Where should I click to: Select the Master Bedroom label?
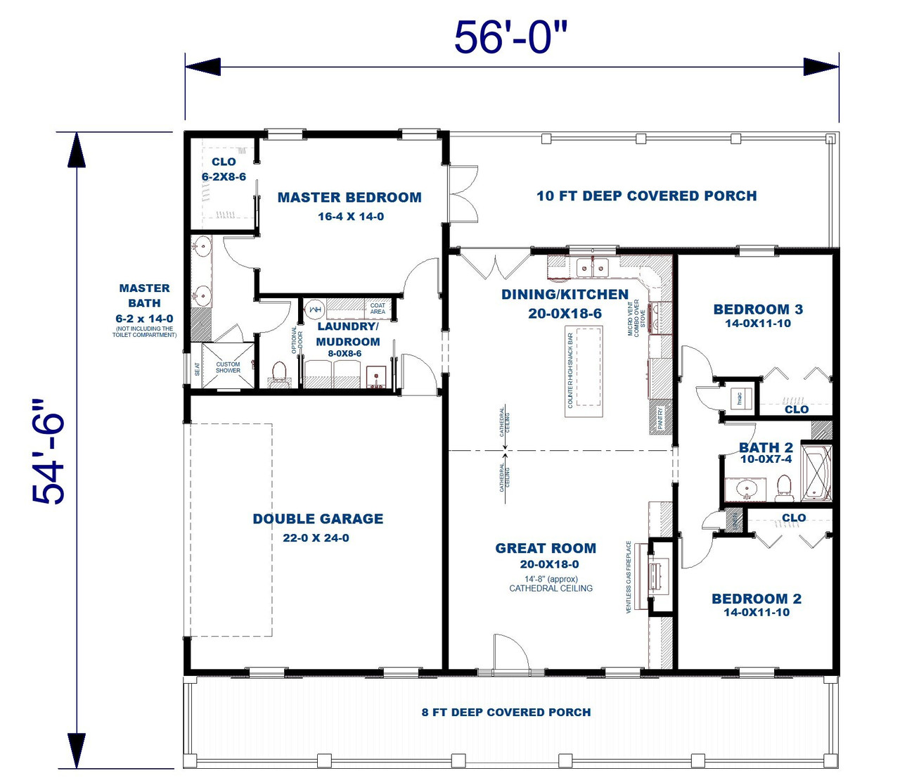pos(349,198)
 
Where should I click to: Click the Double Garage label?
pos(318,519)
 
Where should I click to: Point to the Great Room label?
pos(546,549)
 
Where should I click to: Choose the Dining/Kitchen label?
pos(565,295)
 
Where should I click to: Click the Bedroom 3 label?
pos(758,310)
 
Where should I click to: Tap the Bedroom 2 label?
pos(757,599)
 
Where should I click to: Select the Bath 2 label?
pos(766,448)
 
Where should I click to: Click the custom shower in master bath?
pos(227,366)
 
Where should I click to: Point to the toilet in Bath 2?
pos(784,487)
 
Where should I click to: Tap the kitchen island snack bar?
pos(584,371)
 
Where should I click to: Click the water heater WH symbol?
pos(314,309)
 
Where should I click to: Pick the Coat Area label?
pos(378,309)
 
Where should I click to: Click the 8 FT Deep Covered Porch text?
pos(506,713)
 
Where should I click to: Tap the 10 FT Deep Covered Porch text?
pos(646,196)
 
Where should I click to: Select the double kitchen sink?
pos(593,267)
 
